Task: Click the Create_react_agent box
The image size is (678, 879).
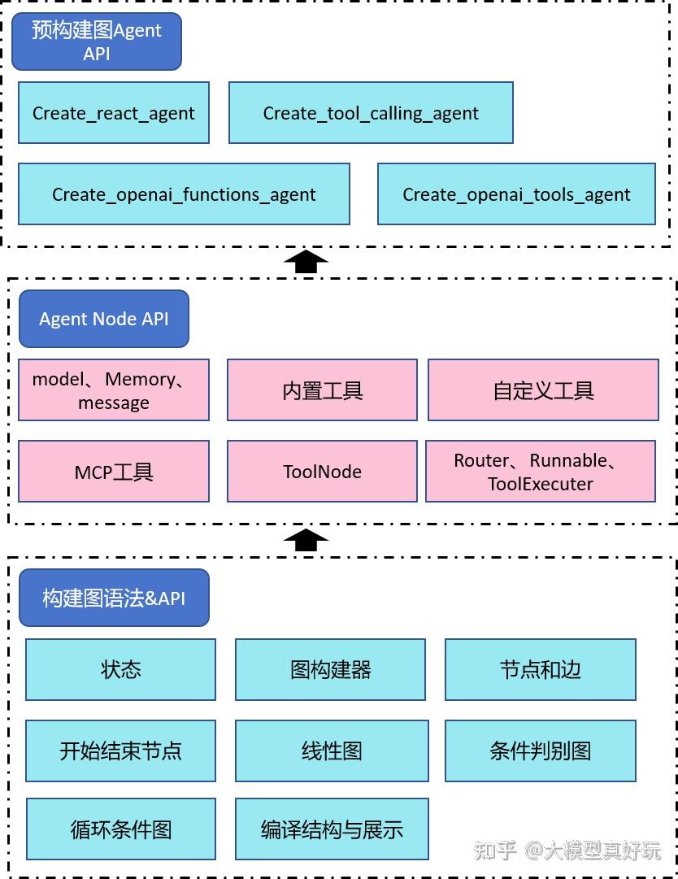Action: tap(114, 113)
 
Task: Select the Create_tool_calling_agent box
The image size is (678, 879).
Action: tap(371, 113)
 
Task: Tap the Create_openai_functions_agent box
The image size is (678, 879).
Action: tap(184, 194)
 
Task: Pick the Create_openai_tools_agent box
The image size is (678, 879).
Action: tap(516, 194)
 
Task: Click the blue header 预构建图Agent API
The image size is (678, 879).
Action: tap(97, 41)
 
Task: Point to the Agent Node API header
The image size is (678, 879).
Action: tap(104, 319)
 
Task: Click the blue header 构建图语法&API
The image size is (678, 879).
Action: tap(114, 598)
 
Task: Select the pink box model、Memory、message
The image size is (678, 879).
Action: tap(114, 390)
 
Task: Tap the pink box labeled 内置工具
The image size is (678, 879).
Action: tap(322, 390)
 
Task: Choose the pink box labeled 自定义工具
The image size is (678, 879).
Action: tap(543, 390)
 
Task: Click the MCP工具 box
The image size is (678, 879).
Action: tap(114, 472)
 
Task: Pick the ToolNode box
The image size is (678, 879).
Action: tap(322, 472)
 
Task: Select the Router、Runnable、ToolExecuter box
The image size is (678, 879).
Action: tap(541, 472)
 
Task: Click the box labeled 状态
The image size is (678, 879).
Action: tap(121, 669)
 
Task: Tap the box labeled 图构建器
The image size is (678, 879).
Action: tap(330, 669)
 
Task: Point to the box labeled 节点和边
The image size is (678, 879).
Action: tap(540, 669)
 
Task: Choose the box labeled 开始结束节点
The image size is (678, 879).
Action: tap(121, 750)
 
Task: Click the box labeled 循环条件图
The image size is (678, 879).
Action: tap(121, 829)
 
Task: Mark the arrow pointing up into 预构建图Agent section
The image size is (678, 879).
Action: tap(306, 261)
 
